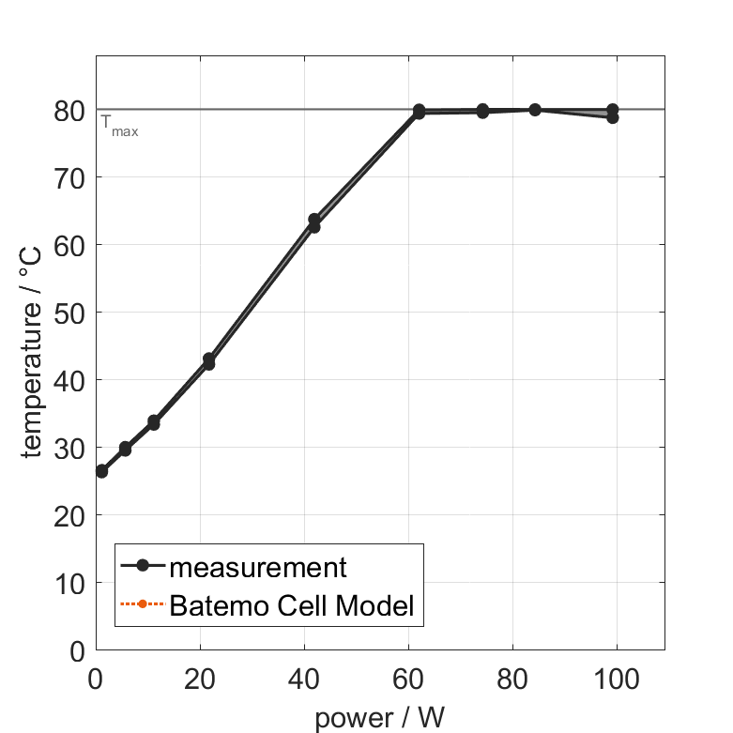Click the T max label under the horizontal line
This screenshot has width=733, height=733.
(x=119, y=127)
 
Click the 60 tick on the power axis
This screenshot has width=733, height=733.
(x=408, y=678)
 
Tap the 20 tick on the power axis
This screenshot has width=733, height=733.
(x=200, y=678)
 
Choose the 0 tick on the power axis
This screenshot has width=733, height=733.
(x=96, y=678)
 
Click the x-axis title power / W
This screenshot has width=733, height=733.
(x=379, y=718)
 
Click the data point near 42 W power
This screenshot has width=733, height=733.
(x=314, y=222)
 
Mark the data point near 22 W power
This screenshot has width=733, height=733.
(x=208, y=361)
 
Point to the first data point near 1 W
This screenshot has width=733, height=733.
(x=101, y=471)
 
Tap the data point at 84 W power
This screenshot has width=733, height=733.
(x=535, y=110)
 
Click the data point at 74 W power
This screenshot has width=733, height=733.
(x=482, y=111)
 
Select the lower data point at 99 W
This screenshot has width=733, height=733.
(x=612, y=117)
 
